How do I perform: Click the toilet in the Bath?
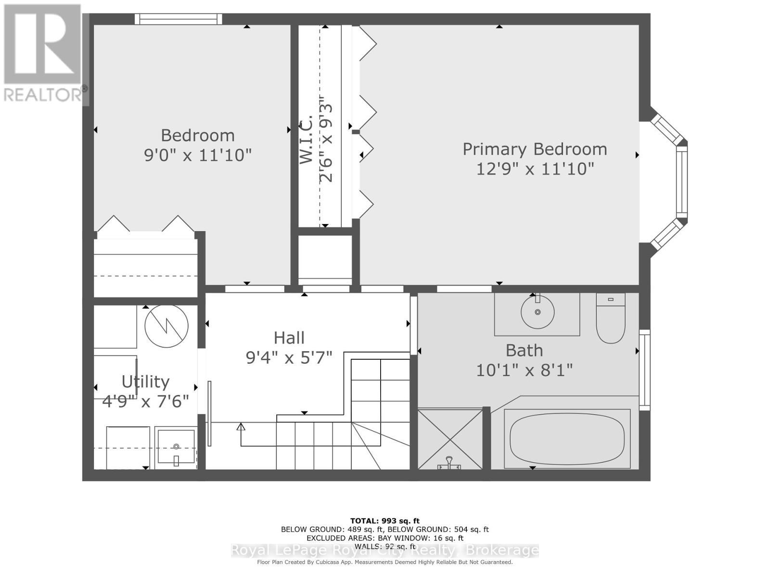pyautogui.click(x=611, y=319)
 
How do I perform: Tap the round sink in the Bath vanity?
pyautogui.click(x=538, y=312)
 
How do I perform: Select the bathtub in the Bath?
pyautogui.click(x=567, y=439)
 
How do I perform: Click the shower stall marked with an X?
pyautogui.click(x=450, y=439)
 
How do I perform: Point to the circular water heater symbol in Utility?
pyautogui.click(x=167, y=326)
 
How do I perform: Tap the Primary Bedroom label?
pyautogui.click(x=535, y=149)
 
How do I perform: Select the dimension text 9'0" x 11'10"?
pyautogui.click(x=198, y=155)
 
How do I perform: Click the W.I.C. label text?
pyautogui.click(x=307, y=140)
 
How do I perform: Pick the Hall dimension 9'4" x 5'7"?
pyautogui.click(x=289, y=358)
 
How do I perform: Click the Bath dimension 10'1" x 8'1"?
pyautogui.click(x=524, y=370)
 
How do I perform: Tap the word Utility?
pyautogui.click(x=145, y=382)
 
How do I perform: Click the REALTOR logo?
pyautogui.click(x=43, y=53)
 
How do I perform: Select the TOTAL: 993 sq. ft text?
pyautogui.click(x=385, y=521)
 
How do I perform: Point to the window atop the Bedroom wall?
pyautogui.click(x=179, y=19)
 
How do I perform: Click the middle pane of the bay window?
pyautogui.click(x=681, y=182)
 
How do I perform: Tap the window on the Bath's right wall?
pyautogui.click(x=644, y=370)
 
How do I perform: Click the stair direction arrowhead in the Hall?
pyautogui.click(x=241, y=426)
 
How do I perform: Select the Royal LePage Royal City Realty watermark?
pyautogui.click(x=385, y=550)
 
